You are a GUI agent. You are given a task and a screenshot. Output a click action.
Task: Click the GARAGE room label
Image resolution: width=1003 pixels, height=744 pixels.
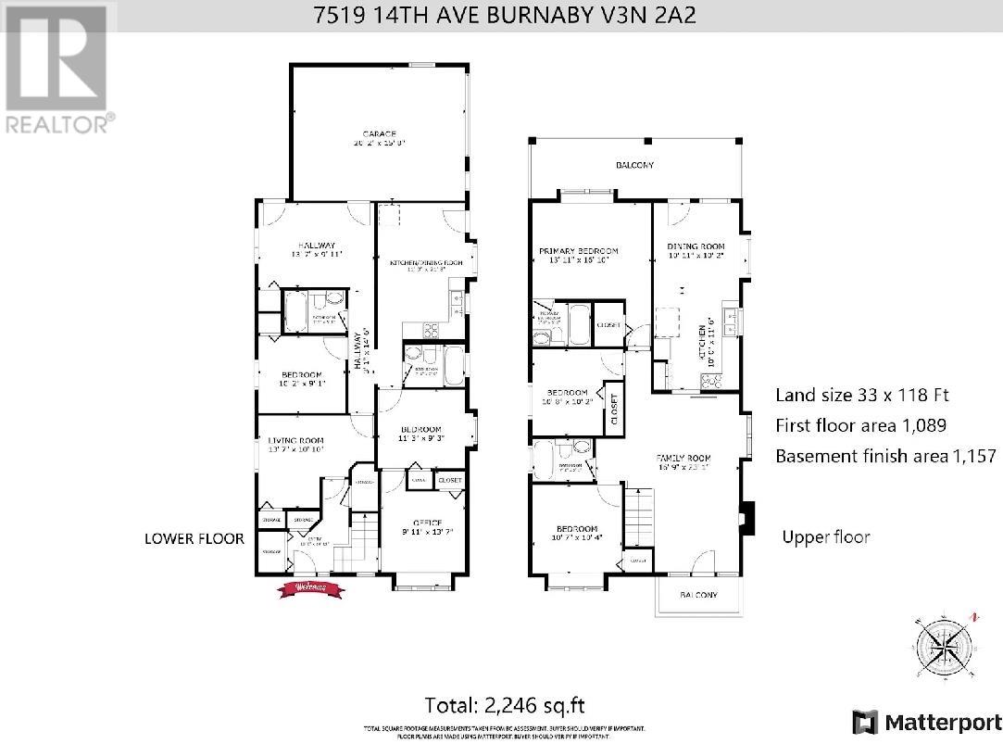point(380,134)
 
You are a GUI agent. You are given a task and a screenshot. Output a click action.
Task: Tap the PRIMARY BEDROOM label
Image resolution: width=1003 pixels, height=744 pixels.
point(579,251)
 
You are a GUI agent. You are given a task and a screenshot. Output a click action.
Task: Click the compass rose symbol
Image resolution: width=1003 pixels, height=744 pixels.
point(945,646)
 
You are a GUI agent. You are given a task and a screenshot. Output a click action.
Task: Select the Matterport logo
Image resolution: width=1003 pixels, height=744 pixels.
point(926,721)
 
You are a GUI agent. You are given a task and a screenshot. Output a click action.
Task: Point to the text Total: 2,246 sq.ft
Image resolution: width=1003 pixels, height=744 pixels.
point(505,704)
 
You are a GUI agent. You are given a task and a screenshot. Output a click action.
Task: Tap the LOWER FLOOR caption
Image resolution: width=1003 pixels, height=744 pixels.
point(194,538)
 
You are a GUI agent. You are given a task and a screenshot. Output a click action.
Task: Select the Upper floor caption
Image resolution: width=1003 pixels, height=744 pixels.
point(826,536)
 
